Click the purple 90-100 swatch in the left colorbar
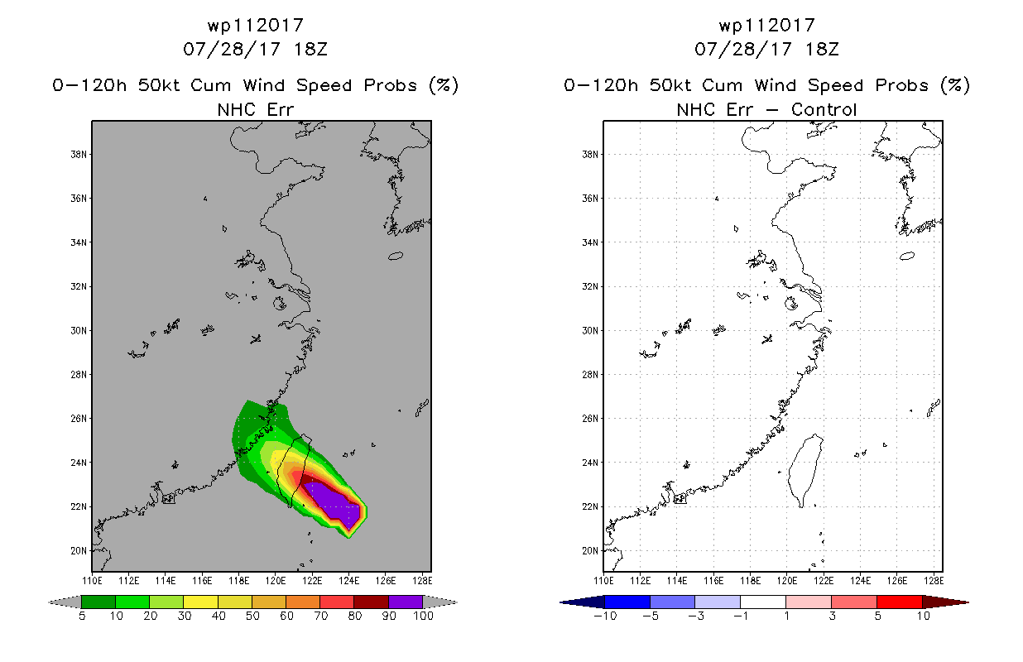click(x=406, y=602)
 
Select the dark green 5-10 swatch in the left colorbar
click(x=98, y=602)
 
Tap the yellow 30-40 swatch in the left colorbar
click(x=200, y=602)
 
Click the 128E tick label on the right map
click(x=933, y=578)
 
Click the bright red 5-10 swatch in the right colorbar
click(x=899, y=602)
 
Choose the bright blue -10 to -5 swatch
click(x=627, y=602)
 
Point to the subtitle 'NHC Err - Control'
click(x=766, y=109)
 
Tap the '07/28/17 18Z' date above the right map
click(x=766, y=49)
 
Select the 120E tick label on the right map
click(x=787, y=578)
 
